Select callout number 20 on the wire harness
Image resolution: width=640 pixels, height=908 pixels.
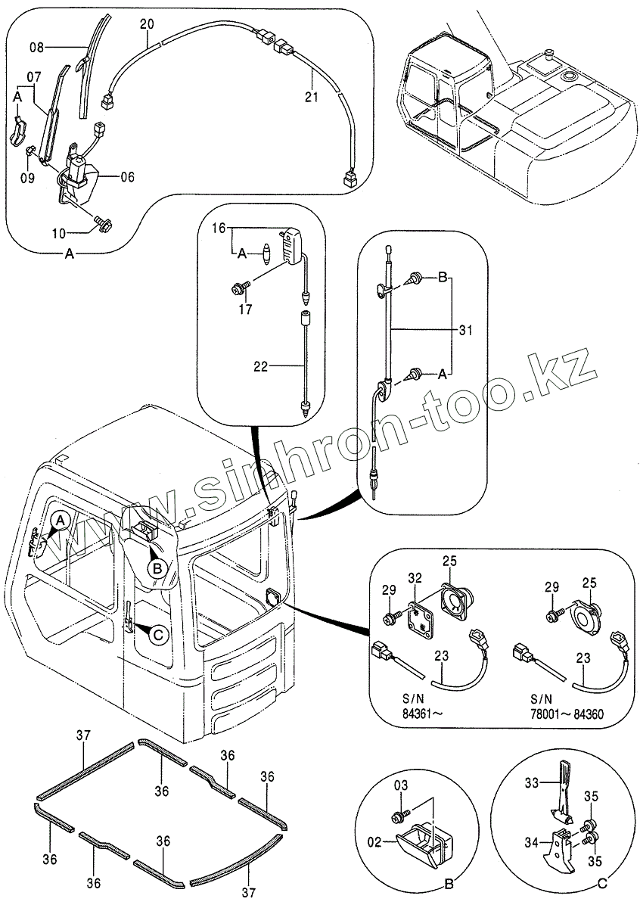pyautogui.click(x=147, y=24)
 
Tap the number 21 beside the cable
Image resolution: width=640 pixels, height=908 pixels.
pyautogui.click(x=312, y=95)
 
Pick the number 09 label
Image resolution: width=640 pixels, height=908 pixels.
pyautogui.click(x=27, y=179)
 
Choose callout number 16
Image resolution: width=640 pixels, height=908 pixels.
pyautogui.click(x=219, y=227)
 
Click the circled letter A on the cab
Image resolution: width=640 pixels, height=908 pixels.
pyautogui.click(x=62, y=521)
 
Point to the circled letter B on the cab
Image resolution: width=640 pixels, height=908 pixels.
pyautogui.click(x=156, y=567)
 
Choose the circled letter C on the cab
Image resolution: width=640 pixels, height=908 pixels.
pyautogui.click(x=157, y=634)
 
